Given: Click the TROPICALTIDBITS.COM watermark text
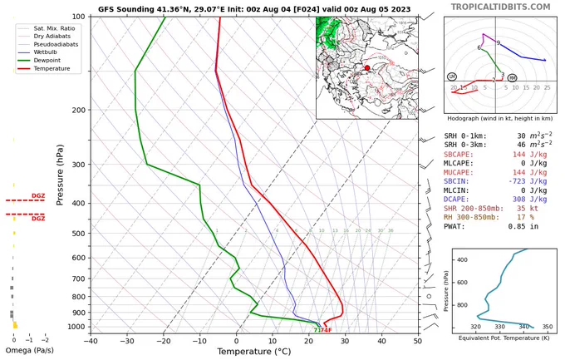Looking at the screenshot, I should tap(501, 7).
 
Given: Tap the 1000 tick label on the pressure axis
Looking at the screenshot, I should tap(76, 328).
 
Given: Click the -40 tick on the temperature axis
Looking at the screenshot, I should tap(91, 340).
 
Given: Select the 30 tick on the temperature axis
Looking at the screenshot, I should tap(345, 340).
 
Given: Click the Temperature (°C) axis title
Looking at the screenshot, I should tap(254, 352).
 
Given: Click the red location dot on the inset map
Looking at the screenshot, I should tap(367, 68).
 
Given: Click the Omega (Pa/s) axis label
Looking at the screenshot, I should tap(31, 351).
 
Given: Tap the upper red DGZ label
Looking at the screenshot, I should tap(38, 195).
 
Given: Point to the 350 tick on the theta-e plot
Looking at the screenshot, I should tap(546, 327).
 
